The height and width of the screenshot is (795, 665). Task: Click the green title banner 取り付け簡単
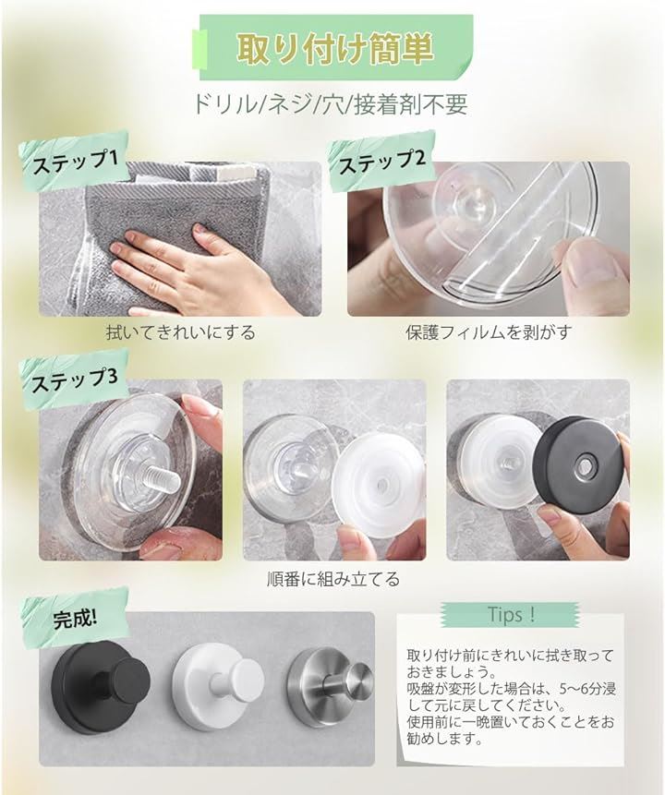tap(336, 47)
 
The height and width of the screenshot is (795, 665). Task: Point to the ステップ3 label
tap(75, 379)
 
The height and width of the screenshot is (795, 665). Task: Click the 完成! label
tap(75, 619)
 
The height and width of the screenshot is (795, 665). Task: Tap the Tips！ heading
tap(512, 615)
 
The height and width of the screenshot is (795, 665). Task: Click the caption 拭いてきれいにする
tap(181, 332)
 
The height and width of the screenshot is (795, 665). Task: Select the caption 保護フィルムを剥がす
tap(489, 332)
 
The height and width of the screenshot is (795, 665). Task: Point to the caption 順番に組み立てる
tap(333, 579)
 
